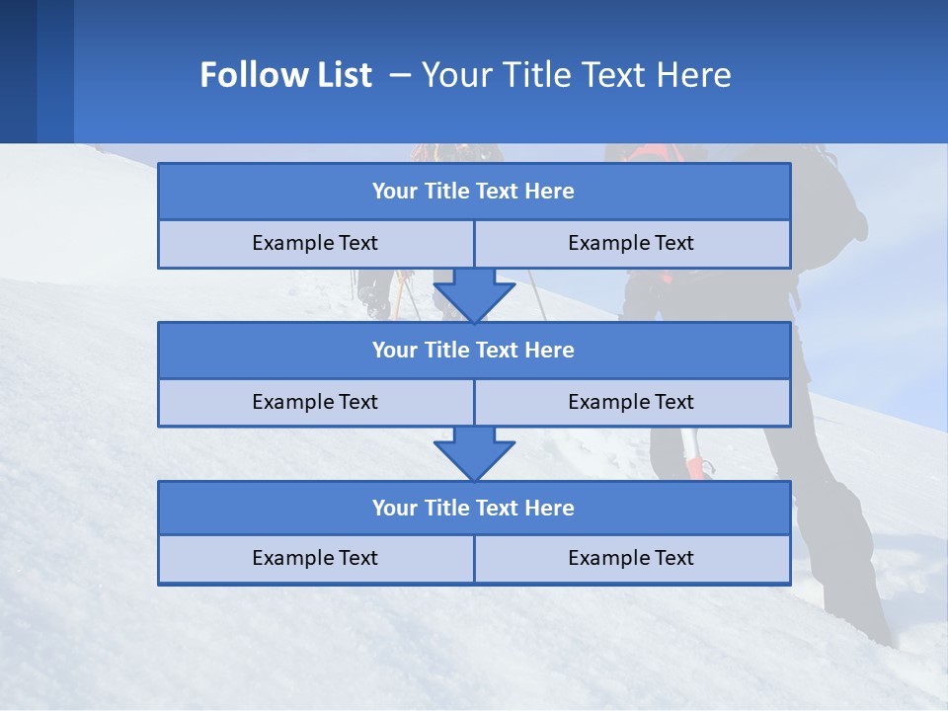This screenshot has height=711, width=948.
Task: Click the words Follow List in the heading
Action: pos(285,75)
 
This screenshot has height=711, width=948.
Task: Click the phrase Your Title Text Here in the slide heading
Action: pos(577,75)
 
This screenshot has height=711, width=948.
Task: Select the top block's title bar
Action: pos(474,192)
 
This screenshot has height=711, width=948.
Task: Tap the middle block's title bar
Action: pos(474,350)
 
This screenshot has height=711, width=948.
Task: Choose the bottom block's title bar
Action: pos(474,508)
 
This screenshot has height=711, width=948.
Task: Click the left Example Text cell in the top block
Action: pos(315,243)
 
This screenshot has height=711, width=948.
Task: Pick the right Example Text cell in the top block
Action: pos(631,243)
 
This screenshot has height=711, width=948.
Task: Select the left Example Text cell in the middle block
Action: pos(315,402)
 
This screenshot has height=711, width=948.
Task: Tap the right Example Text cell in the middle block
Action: pos(631,402)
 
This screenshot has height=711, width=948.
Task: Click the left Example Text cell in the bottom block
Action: pos(315,558)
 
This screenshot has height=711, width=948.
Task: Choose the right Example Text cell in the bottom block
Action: pos(631,558)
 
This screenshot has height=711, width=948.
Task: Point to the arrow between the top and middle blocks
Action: pos(474,294)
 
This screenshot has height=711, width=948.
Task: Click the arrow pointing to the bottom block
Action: pos(474,453)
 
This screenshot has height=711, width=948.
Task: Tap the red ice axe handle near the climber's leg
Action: pos(695,466)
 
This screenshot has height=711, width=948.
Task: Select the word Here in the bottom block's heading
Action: pos(550,508)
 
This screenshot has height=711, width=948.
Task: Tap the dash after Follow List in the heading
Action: pos(400,75)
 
